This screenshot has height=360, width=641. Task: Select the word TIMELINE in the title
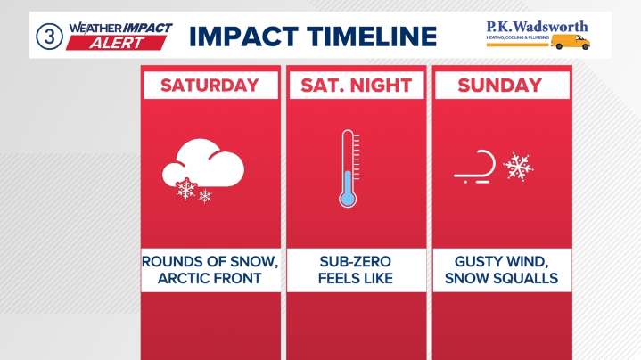(374, 37)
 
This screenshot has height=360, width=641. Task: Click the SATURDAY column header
(209, 86)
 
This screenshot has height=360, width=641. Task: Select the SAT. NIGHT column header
(354, 86)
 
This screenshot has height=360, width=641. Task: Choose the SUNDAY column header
(499, 86)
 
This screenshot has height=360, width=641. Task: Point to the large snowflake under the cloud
(186, 189)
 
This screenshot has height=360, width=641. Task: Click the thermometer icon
(349, 168)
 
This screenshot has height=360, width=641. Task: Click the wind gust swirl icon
(475, 166)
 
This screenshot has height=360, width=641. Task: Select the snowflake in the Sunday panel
(518, 166)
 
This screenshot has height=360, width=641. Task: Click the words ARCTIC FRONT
(209, 279)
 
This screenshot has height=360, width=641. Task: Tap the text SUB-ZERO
(354, 261)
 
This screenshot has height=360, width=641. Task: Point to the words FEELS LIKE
(354, 279)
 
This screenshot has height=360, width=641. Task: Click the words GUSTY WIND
(499, 261)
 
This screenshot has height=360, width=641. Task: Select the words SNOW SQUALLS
(499, 279)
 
